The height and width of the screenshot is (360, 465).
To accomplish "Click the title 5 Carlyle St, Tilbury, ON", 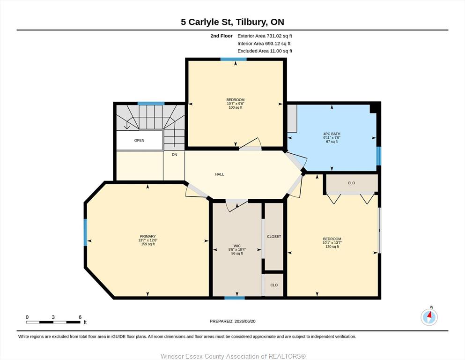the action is point(232,22).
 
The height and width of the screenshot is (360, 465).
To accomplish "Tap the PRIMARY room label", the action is point(148,237).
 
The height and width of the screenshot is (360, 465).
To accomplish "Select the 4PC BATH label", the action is point(332,134).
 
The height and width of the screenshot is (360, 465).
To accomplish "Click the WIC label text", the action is point(237,246).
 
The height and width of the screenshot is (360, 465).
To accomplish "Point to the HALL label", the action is point(220,174).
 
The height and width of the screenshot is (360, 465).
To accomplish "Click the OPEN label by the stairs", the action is point(139,140).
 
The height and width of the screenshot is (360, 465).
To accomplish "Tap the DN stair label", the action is point(174,155).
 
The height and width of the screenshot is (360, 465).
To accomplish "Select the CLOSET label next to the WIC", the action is point(274,237).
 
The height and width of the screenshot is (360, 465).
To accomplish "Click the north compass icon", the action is point(429,317).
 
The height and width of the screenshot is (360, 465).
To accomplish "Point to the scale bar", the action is point(53,322).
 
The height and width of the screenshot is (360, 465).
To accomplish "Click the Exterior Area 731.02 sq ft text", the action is point(265,36).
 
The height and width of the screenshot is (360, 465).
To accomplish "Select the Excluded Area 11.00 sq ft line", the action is point(265,51).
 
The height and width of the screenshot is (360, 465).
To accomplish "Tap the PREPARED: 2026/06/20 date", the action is point(232,321).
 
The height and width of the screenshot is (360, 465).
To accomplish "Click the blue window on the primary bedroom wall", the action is point(86,232).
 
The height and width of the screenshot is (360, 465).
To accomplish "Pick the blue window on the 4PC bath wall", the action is point(379,156).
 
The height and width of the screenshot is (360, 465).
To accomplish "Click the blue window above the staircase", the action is point(151,104).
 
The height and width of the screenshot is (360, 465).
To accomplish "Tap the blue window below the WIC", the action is point(235,298).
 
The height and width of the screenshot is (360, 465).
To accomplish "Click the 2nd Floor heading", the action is point(221,36).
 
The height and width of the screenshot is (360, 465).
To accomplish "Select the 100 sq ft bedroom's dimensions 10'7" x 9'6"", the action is point(236,104).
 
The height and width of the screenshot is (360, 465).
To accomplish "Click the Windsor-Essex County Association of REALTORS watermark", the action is point(233,356).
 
